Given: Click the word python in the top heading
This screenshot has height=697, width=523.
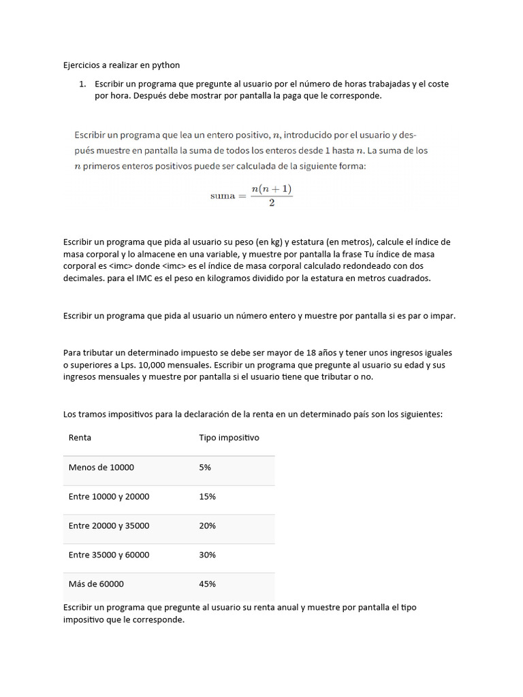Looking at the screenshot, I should click(x=166, y=65).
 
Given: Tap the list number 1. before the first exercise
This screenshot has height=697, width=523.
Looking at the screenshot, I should click(x=82, y=84).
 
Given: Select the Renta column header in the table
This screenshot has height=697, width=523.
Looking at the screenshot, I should click(x=80, y=438).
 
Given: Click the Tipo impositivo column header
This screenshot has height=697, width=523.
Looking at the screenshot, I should click(x=229, y=438).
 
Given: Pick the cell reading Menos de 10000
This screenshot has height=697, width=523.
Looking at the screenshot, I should click(x=101, y=467).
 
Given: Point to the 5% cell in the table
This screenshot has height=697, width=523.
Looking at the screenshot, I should click(x=205, y=467).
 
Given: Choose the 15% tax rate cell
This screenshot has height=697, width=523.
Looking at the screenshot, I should click(x=207, y=496).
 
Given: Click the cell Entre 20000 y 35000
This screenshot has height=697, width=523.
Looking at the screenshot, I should click(x=109, y=525).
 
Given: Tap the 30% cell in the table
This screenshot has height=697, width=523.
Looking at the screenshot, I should click(x=207, y=555).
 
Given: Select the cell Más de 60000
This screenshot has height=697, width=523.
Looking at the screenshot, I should click(x=96, y=584).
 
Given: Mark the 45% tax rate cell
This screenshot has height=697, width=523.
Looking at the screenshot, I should click(x=207, y=584).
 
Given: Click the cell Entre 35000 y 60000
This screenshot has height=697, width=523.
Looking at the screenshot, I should click(x=109, y=555).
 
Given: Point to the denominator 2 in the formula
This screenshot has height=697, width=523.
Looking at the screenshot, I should click(x=272, y=204).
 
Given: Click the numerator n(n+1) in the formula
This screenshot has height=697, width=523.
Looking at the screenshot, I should click(x=272, y=189).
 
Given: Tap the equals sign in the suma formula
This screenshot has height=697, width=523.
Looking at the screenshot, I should click(x=241, y=196).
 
